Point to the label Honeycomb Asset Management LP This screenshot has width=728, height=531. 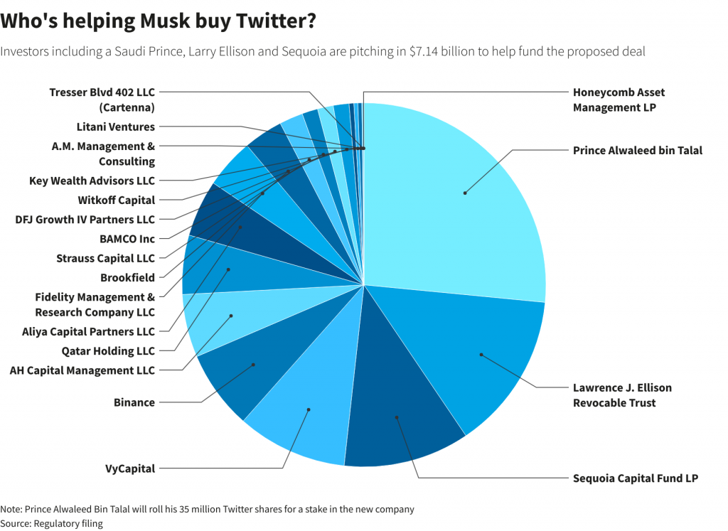tap(619, 100)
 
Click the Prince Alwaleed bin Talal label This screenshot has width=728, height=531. tap(637, 150)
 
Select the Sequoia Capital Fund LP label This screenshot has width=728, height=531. tap(635, 478)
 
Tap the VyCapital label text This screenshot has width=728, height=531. tap(130, 468)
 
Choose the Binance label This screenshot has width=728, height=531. tap(134, 402)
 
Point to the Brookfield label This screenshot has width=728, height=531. tap(127, 278)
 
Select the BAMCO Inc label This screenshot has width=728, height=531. tap(128, 239)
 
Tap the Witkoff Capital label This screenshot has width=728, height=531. tap(116, 200)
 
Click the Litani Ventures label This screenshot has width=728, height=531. tap(115, 127)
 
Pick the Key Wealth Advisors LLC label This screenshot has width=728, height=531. tap(92, 181)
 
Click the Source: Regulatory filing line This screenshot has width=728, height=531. tap(51, 523)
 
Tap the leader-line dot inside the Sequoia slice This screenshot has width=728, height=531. tap(397, 417)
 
